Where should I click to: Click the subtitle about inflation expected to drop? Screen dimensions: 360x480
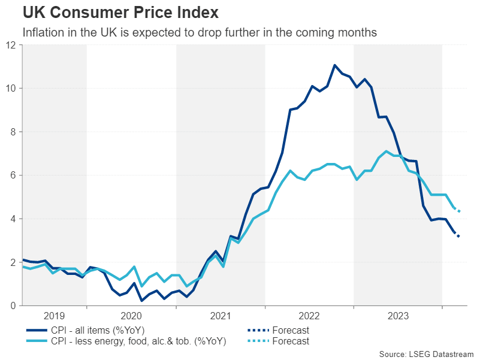(200, 32)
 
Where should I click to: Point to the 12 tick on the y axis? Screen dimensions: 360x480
(11, 45)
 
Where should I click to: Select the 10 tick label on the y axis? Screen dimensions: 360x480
(11, 88)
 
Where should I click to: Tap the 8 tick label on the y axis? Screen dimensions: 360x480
(14, 132)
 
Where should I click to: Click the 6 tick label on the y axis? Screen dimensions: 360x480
(14, 176)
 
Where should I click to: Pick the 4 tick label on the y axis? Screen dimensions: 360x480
(14, 219)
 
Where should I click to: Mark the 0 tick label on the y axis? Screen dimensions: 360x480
(14, 306)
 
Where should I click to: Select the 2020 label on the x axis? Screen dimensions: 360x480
(131, 316)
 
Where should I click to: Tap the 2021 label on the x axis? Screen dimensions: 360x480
(220, 316)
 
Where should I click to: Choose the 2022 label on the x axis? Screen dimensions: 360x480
(309, 316)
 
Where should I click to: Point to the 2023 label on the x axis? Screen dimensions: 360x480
(397, 316)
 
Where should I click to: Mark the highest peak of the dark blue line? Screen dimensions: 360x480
(334, 65)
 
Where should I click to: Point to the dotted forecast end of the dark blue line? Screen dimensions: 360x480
(458, 236)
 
